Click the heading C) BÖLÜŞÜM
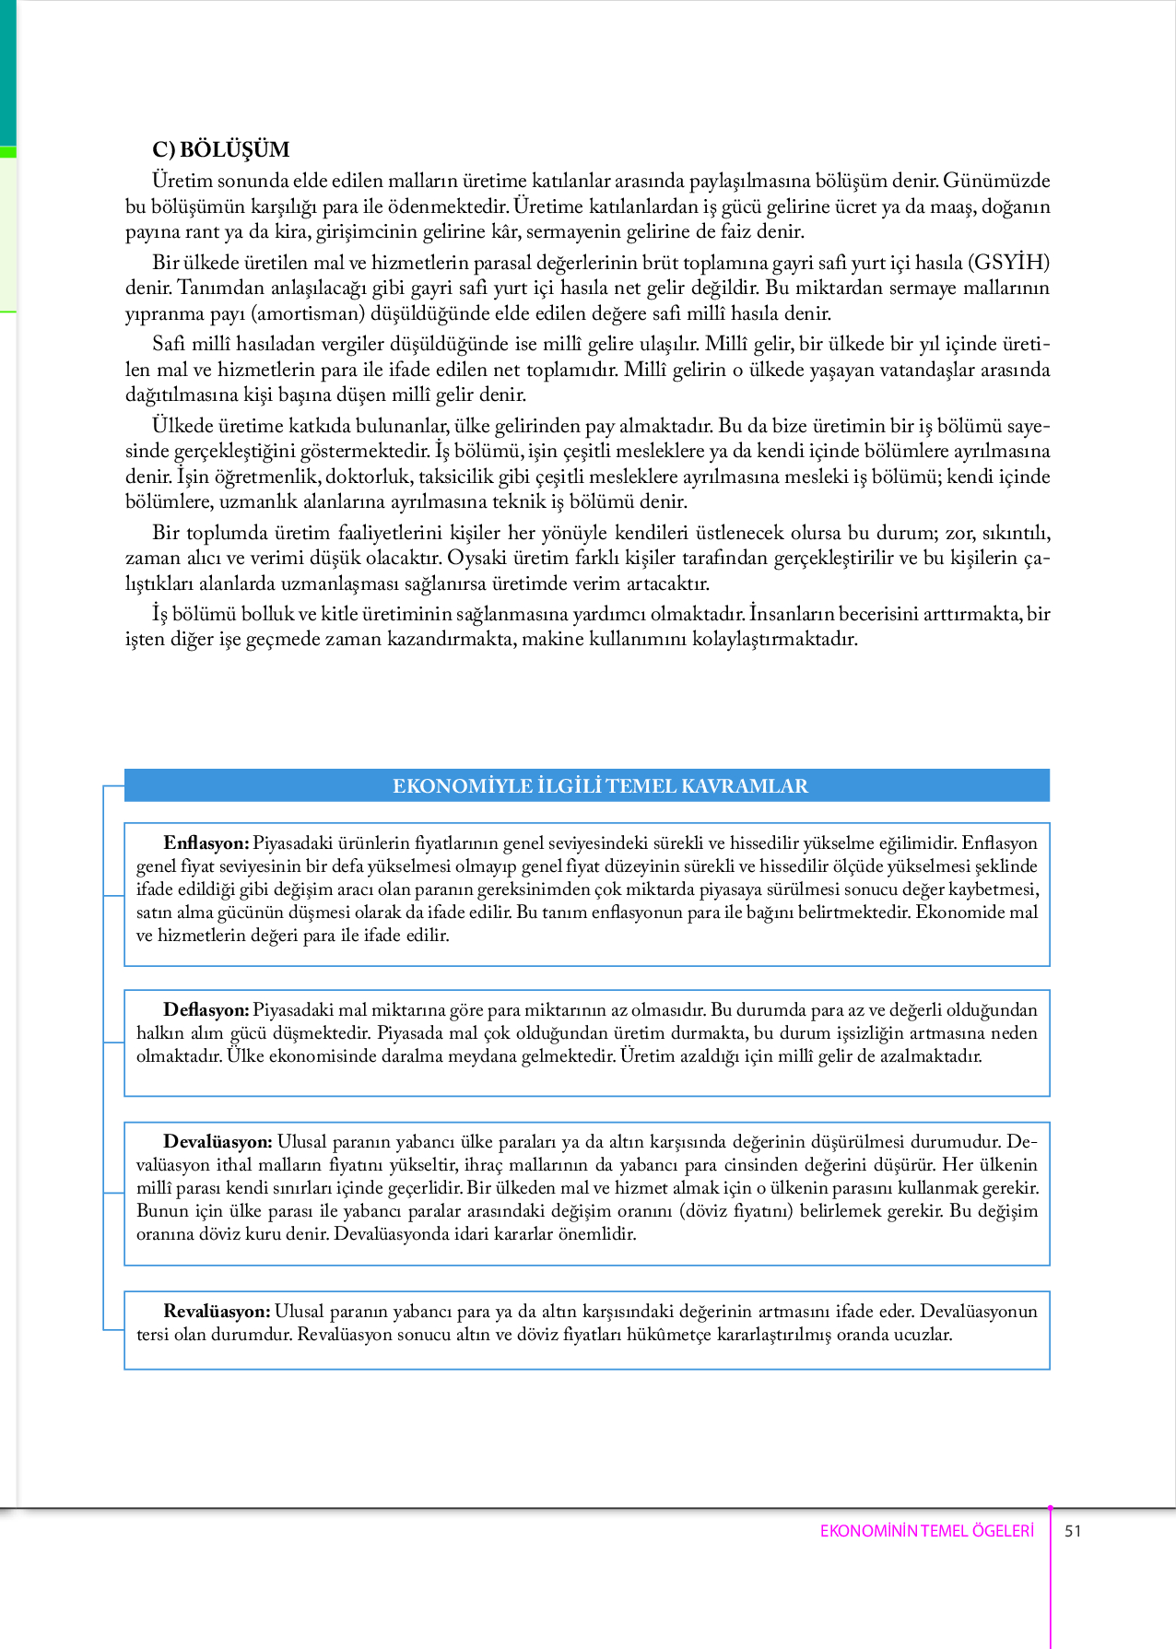pyautogui.click(x=221, y=149)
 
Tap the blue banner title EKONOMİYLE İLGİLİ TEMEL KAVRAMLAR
pyautogui.click(x=600, y=786)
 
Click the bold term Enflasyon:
pyautogui.click(x=206, y=843)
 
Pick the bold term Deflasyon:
pyautogui.click(x=206, y=1010)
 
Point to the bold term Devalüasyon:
pyautogui.click(x=218, y=1142)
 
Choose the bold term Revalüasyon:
pyautogui.click(x=217, y=1312)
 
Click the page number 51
pyautogui.click(x=1073, y=1531)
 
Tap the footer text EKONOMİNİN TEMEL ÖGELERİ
pyautogui.click(x=927, y=1531)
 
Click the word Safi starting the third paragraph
pyautogui.click(x=170, y=345)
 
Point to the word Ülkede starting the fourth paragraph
pyautogui.click(x=181, y=426)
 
